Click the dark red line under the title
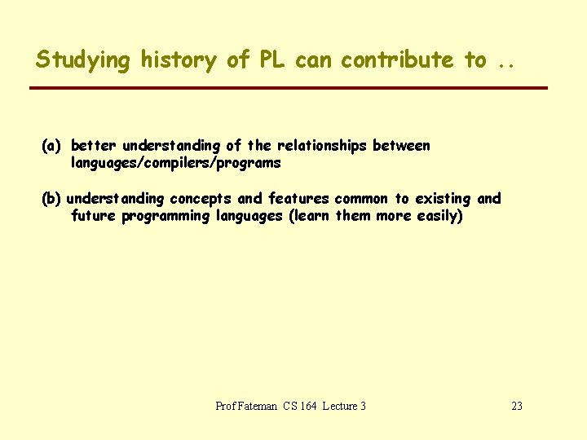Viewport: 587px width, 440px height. tap(289, 88)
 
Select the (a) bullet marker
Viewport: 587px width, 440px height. tap(52, 146)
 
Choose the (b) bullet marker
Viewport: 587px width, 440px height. tap(52, 199)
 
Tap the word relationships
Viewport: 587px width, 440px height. tap(322, 146)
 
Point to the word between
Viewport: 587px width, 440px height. tap(401, 146)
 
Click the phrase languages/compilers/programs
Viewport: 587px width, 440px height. tap(176, 163)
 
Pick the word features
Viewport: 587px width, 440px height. tap(298, 199)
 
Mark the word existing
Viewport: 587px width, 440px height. tap(444, 199)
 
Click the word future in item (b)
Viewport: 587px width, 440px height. tap(94, 216)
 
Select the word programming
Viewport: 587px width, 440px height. tap(166, 216)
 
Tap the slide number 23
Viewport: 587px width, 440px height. tap(516, 406)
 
